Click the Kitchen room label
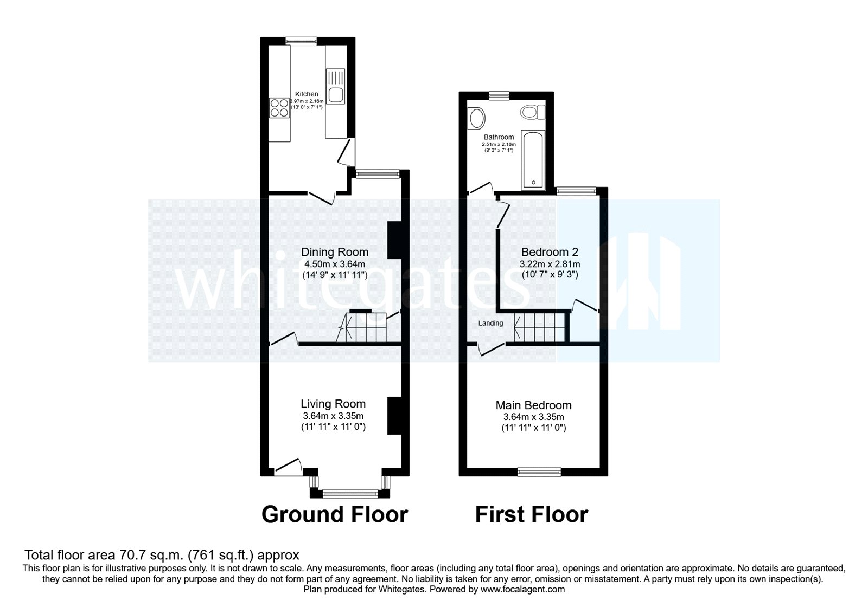tap(307, 94)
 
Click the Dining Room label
tap(335, 252)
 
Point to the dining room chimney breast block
tap(394, 240)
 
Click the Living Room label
tap(333, 404)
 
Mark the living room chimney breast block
tap(394, 416)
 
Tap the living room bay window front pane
tap(349, 493)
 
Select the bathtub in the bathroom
tap(533, 160)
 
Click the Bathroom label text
tap(499, 137)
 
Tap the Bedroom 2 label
tap(550, 252)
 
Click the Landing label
tap(490, 324)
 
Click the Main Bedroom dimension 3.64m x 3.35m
tap(533, 417)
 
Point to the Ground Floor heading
tap(335, 514)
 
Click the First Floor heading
tap(531, 514)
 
